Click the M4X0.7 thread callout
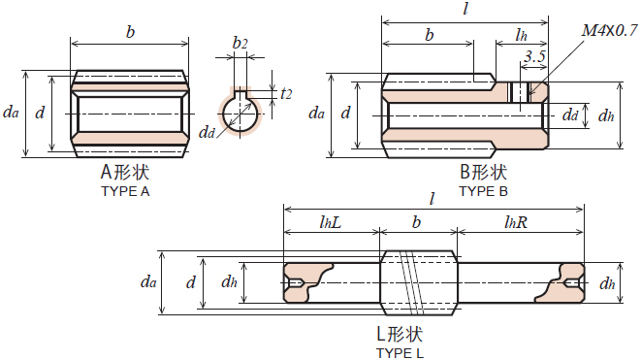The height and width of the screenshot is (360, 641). point(609,30)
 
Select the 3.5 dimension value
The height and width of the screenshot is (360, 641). point(534,56)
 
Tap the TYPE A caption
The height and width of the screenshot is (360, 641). point(125,191)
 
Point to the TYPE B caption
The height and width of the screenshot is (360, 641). point(483,191)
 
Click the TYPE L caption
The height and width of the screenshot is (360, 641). point(400,353)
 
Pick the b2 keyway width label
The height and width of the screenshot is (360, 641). point(240,43)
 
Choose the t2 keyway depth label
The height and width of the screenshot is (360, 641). point(286,94)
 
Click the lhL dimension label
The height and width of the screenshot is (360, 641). point(331,222)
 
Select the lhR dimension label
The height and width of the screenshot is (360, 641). point(516,222)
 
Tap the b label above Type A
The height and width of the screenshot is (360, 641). point(130,32)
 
